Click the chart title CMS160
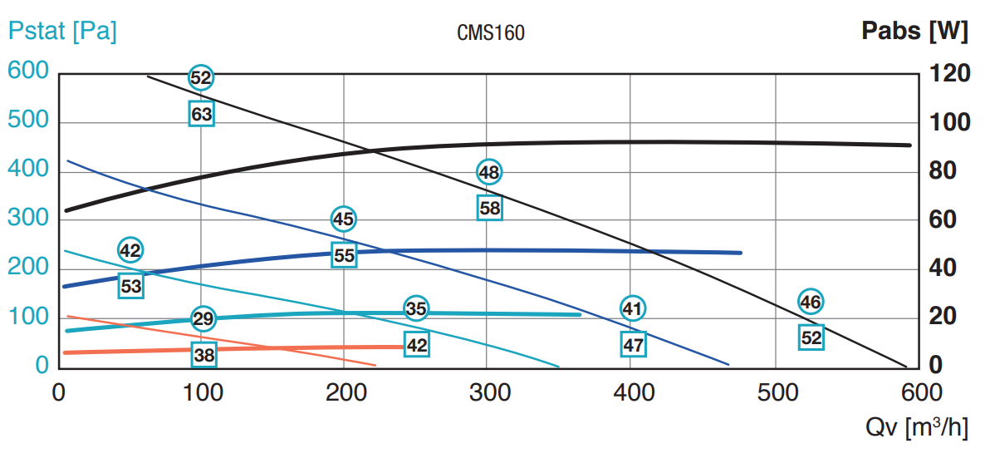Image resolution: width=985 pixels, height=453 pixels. click(491, 33)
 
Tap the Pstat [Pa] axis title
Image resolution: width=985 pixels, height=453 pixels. click(62, 32)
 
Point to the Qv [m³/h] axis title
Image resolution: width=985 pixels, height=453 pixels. click(917, 427)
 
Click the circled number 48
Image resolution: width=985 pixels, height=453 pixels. click(489, 172)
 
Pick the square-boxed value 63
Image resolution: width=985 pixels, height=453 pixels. click(202, 114)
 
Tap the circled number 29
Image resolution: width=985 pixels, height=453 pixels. click(203, 318)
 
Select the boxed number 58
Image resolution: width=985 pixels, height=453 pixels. click(490, 208)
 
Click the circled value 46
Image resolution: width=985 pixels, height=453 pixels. click(811, 302)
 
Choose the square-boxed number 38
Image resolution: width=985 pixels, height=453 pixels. click(203, 356)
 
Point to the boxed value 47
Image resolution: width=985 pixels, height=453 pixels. click(633, 344)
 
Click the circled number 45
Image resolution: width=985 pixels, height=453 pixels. click(343, 219)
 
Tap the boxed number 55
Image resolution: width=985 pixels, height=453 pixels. click(344, 255)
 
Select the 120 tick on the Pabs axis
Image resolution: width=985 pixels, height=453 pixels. click(949, 74)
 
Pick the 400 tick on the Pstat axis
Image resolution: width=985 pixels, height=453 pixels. click(30, 170)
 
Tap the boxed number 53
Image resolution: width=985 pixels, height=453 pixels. click(131, 286)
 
